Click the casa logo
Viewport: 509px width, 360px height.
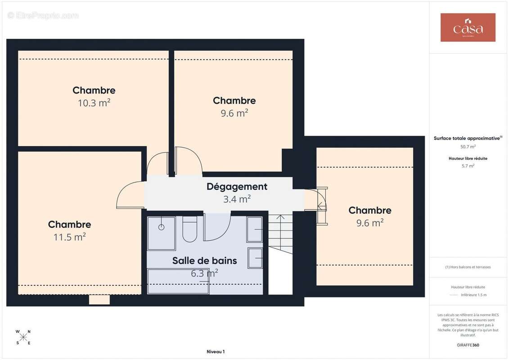(x=468, y=27)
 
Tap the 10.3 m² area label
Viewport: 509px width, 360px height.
(x=94, y=103)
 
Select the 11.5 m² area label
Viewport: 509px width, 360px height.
(x=69, y=237)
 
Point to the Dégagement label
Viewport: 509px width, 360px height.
(x=237, y=187)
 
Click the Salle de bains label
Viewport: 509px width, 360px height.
(x=204, y=261)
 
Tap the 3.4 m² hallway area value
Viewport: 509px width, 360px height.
(x=237, y=199)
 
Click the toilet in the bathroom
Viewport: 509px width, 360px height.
(x=190, y=229)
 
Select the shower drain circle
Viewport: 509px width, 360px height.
(x=161, y=227)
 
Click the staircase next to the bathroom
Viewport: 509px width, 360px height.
(x=280, y=234)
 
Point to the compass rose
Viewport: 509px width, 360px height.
(x=23, y=337)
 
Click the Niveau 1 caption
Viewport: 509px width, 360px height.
(x=216, y=351)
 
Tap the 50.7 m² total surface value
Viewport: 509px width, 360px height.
(x=468, y=147)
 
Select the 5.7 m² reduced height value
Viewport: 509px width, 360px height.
(x=468, y=166)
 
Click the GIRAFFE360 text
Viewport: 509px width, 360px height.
(x=468, y=345)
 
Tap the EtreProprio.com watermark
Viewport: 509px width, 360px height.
(x=43, y=15)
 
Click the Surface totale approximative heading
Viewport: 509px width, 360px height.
(x=468, y=138)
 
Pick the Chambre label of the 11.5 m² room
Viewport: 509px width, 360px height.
(x=69, y=224)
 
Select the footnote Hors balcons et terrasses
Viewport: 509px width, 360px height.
(x=468, y=267)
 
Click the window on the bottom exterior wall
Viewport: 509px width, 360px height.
(x=99, y=300)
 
